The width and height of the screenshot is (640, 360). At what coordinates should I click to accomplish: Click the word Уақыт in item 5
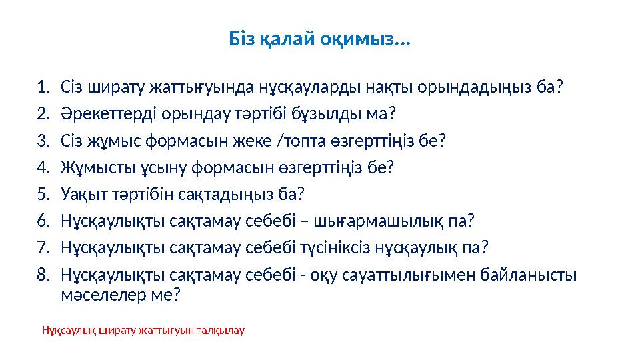(81, 193)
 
